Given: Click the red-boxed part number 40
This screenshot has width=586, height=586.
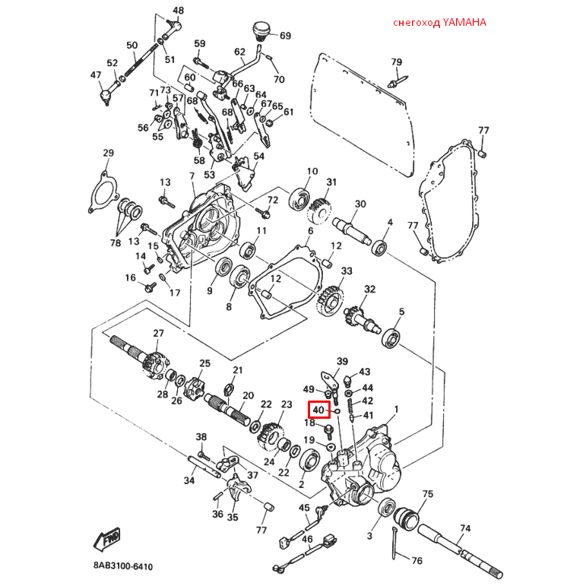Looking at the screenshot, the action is point(318,410).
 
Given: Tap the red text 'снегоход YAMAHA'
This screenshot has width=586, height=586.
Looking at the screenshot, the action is point(439,23).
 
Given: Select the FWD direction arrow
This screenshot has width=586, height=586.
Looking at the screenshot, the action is point(107,540).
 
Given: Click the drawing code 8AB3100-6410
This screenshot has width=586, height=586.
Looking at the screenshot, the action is point(123,566).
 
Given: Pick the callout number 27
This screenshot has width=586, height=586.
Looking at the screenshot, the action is point(158,333).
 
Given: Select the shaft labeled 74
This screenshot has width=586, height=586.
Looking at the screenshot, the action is point(460,551).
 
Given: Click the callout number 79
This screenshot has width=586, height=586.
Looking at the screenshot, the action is point(396,62).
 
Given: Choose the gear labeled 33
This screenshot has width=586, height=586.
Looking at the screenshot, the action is point(329,300).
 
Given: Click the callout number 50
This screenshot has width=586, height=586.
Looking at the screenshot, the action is point(132,45).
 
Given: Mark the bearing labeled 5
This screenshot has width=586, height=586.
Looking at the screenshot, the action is point(391,338).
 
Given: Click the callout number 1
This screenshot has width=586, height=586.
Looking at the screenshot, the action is point(396,409).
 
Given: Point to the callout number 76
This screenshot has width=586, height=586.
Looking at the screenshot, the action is point(417,561).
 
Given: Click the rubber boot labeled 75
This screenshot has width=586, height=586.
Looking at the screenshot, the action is point(407,517).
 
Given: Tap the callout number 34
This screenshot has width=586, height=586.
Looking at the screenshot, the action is point(189,480).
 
